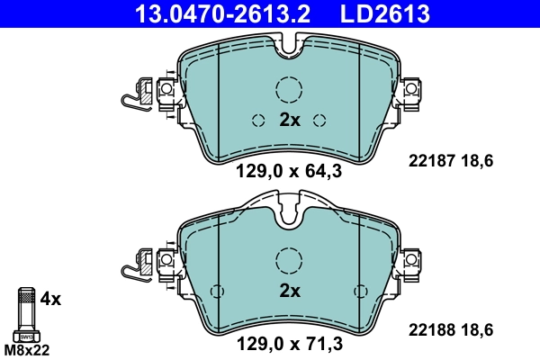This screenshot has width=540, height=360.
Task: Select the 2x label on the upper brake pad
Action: point(289,121)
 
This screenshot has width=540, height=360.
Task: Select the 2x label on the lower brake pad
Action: point(289,291)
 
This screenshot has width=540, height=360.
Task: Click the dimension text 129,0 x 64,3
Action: point(289,172)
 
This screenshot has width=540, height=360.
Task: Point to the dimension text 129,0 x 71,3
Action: point(289,343)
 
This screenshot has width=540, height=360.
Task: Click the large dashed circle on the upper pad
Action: point(289,89)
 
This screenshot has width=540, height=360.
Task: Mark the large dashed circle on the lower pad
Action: point(289,260)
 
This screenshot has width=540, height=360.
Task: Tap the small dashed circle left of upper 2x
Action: point(258,121)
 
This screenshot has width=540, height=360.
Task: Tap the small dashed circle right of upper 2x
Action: point(319,121)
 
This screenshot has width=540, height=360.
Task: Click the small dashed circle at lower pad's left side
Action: point(217,291)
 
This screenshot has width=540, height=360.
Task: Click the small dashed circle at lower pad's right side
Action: point(361,291)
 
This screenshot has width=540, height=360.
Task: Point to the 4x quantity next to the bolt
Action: point(52,298)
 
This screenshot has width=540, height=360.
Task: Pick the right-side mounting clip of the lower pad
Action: point(412,261)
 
